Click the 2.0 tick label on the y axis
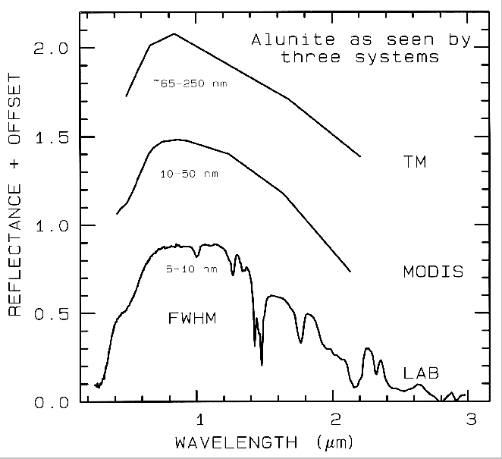coord(50,49)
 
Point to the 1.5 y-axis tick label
coord(50,137)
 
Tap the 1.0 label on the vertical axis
coord(50,226)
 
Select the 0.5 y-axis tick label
coord(50,314)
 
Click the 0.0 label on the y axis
coord(50,402)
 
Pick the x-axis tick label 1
coord(199,420)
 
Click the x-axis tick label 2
coord(335,420)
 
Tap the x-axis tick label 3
coord(471,420)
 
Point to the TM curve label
coord(415,161)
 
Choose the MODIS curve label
coord(433,271)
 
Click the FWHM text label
coord(193,319)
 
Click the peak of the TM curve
coord(174,33)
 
